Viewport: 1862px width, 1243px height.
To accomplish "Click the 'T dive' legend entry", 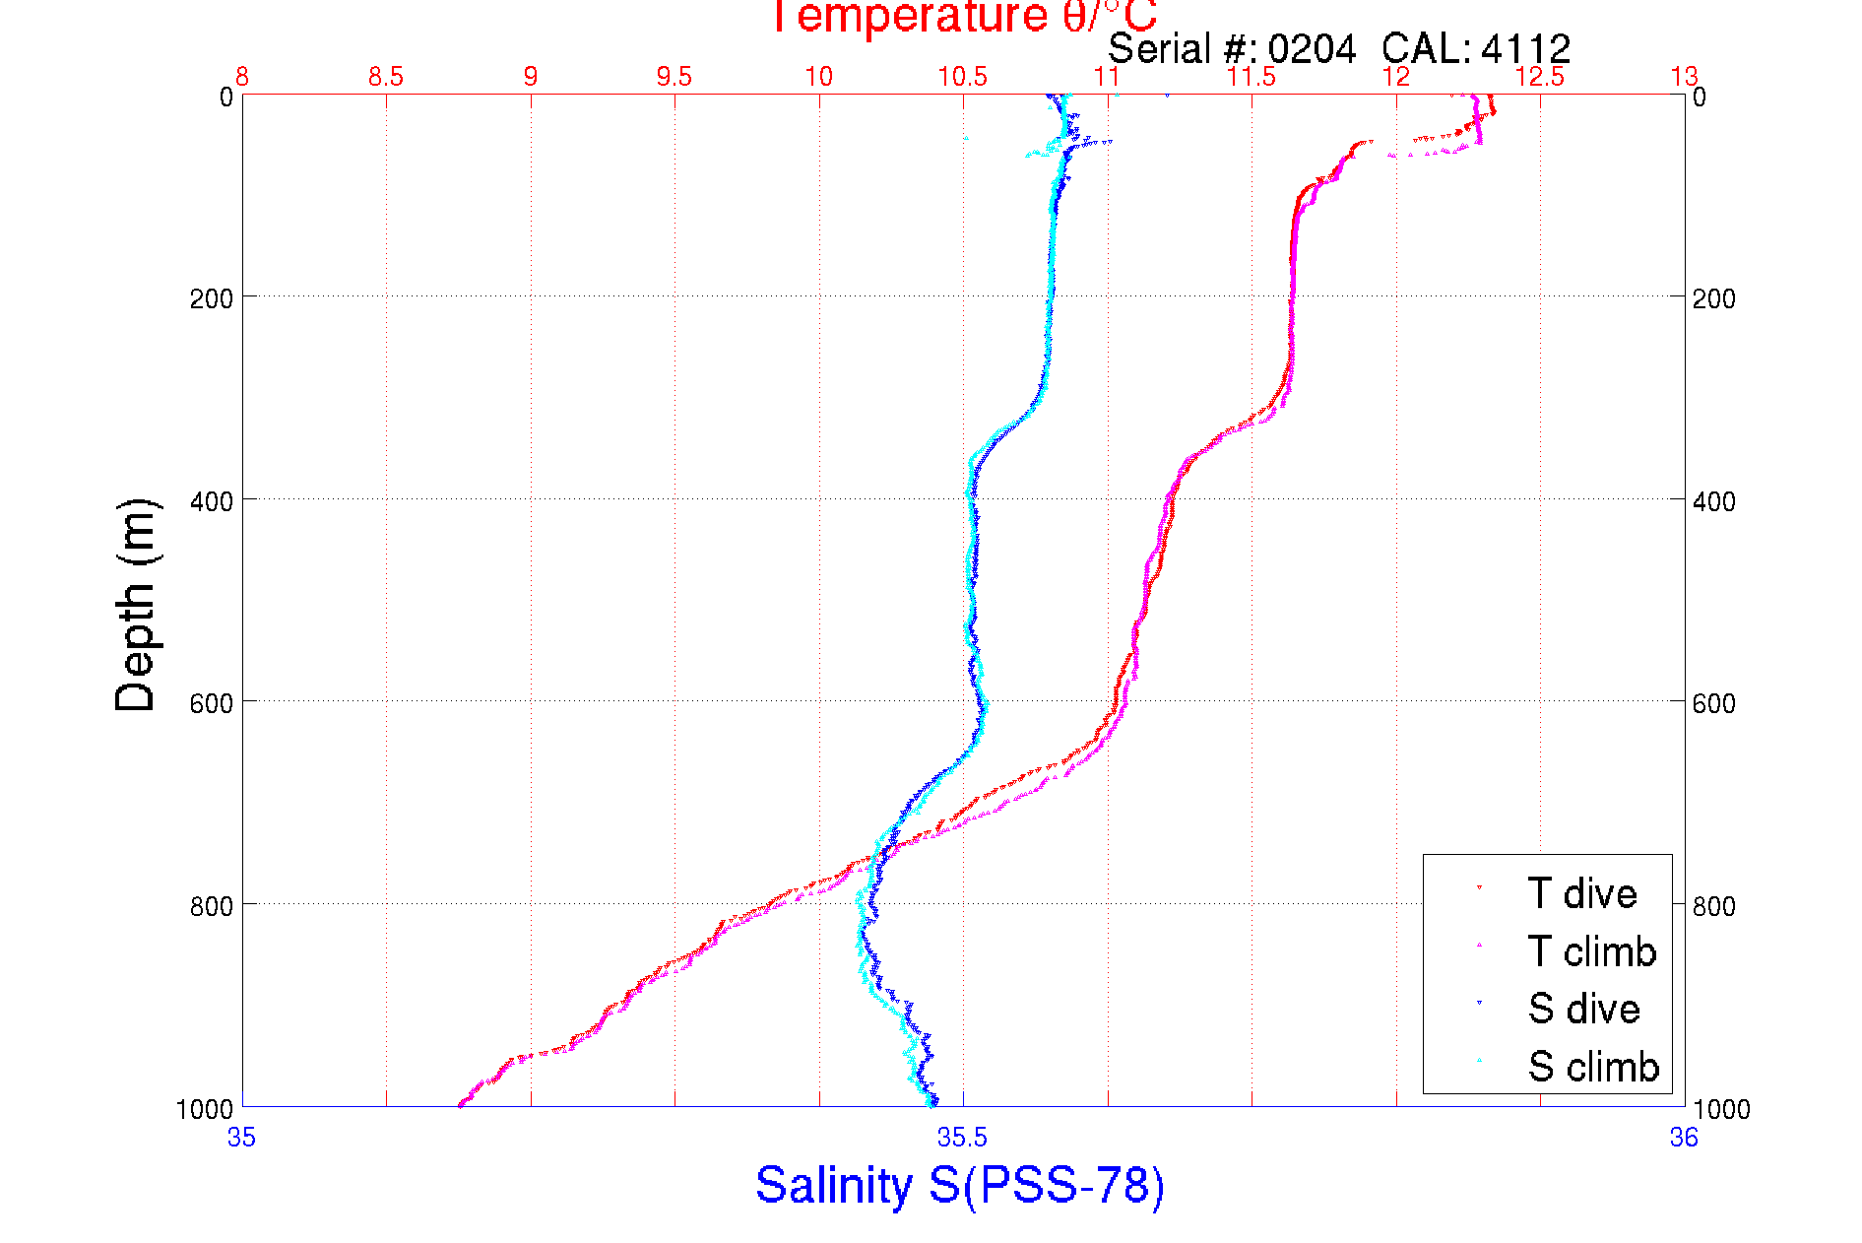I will tap(1581, 893).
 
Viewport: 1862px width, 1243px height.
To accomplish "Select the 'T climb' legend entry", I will tap(1591, 951).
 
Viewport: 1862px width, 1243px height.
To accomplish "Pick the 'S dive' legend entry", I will tap(1583, 1009).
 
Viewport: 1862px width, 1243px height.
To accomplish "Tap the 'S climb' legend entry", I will tap(1593, 1067).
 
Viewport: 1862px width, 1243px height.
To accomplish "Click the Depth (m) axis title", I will tap(136, 605).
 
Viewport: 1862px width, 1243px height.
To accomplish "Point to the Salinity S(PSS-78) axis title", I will tap(960, 1184).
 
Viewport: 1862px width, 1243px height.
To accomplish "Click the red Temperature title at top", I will tap(963, 17).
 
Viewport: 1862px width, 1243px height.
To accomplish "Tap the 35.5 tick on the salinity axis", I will tap(962, 1138).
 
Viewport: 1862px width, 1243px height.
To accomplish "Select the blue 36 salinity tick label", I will tap(1684, 1138).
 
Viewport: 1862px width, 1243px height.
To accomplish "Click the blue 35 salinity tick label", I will tap(241, 1138).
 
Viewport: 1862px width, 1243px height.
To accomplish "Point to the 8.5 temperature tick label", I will tap(386, 77).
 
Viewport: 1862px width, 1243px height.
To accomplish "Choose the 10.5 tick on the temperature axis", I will tap(962, 77).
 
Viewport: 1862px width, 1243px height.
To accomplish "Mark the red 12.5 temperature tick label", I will tap(1539, 77).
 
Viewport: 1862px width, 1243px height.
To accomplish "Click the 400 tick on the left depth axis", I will tap(211, 501).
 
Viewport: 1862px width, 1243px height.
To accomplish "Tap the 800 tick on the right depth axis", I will tap(1714, 905).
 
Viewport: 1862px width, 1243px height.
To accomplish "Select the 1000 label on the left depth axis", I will tap(205, 1109).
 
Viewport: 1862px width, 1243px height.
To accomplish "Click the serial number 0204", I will tap(1312, 49).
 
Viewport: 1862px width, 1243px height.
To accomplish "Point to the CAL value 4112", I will tap(1525, 49).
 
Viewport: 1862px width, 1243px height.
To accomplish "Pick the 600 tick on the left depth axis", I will tap(211, 703).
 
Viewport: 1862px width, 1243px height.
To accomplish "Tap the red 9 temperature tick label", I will tap(531, 77).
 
